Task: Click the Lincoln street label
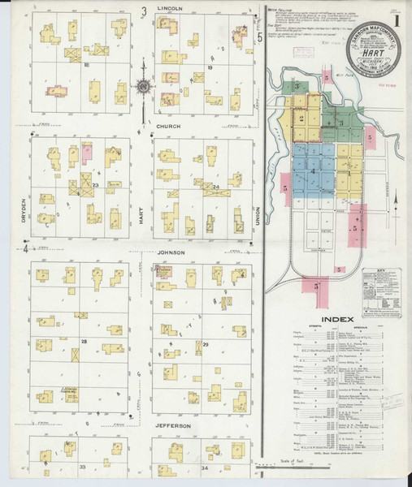pyautogui.click(x=169, y=9)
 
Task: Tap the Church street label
pyautogui.click(x=169, y=127)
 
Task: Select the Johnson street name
pyautogui.click(x=171, y=252)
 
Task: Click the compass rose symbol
pyautogui.click(x=143, y=87)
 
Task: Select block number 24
pyautogui.click(x=216, y=187)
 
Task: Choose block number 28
pyautogui.click(x=83, y=342)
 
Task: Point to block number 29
pyautogui.click(x=206, y=345)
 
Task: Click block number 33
pyautogui.click(x=82, y=467)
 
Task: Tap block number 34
pyautogui.click(x=206, y=468)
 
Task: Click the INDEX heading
pyautogui.click(x=337, y=319)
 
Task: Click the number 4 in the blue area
pyautogui.click(x=312, y=171)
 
